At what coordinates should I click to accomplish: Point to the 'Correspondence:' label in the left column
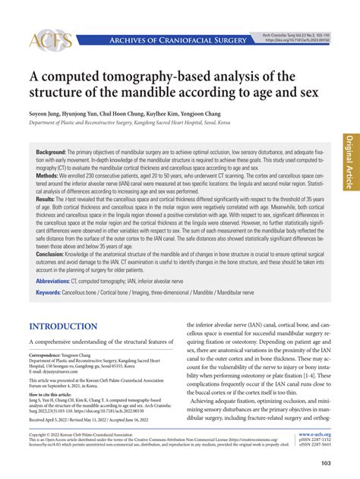[x=49, y=355]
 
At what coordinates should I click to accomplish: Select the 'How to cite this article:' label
[x=55, y=396]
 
